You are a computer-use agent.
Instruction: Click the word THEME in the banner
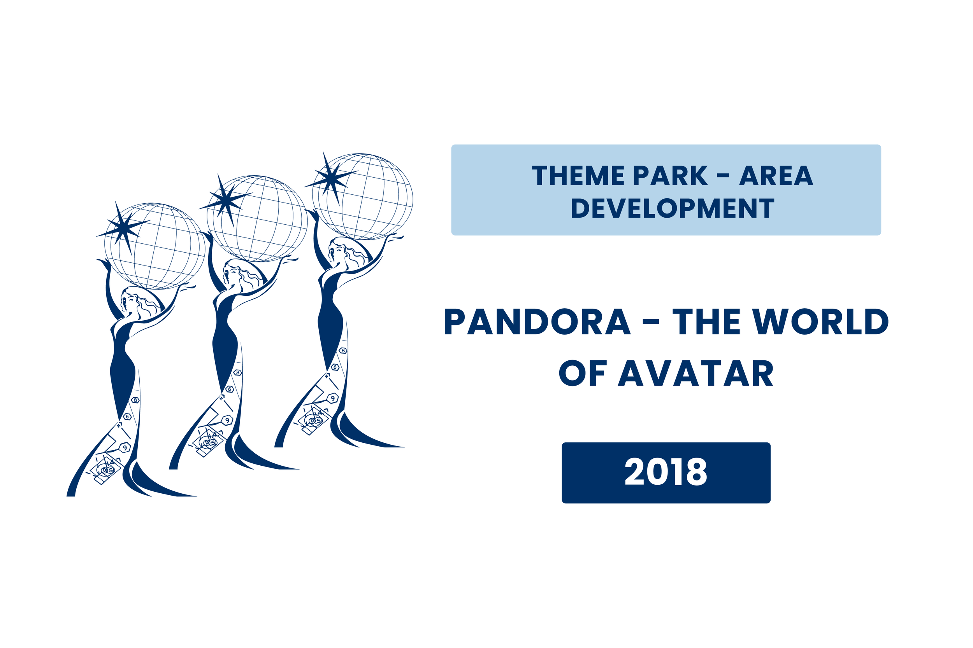(578, 176)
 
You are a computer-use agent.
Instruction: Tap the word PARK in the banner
(670, 176)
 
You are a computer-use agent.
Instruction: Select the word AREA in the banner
(776, 176)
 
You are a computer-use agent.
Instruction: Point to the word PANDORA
(537, 322)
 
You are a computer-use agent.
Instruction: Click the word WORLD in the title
(821, 322)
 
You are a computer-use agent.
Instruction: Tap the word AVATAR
(696, 373)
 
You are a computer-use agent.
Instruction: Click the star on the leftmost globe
(123, 228)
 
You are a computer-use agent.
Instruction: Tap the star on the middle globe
(225, 201)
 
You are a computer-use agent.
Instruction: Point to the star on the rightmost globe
(331, 178)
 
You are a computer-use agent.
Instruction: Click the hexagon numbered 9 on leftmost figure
(125, 447)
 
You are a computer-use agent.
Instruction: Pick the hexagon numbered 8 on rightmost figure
(343, 351)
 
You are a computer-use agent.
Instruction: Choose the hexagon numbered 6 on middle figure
(230, 389)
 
